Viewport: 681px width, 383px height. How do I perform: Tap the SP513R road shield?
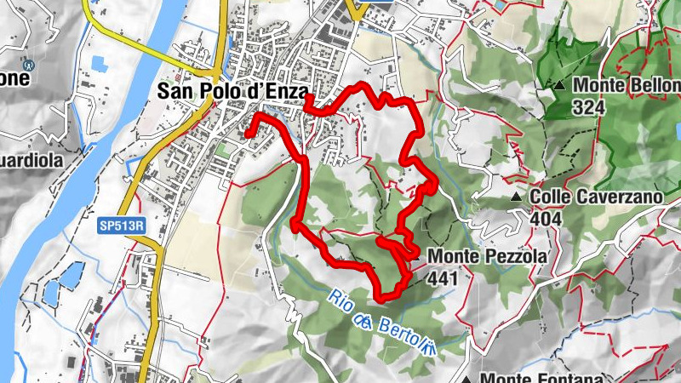click(x=116, y=225)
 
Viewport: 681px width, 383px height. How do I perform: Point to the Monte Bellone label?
click(x=627, y=85)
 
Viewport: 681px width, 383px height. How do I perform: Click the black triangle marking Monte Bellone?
click(x=559, y=86)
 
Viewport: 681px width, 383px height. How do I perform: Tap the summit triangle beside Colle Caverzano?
click(x=516, y=197)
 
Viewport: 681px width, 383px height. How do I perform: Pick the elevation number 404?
click(x=545, y=220)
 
